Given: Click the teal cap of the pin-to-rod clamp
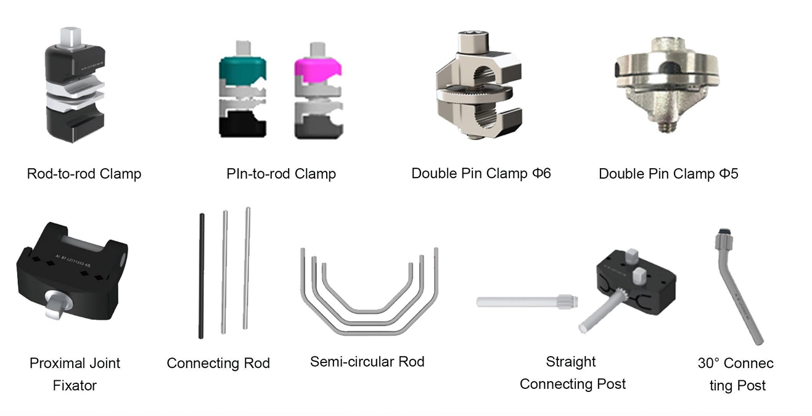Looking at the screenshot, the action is point(243,69).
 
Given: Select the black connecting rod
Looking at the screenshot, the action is point(202,276).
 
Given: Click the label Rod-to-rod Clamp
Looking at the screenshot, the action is point(84,174).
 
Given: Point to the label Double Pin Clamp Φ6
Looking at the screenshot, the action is point(481,174).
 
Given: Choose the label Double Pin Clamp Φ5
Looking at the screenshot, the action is point(668,174).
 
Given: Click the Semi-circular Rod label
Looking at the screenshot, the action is point(367,362).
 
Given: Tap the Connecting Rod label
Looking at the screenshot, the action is point(218,363).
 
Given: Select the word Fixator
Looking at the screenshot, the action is point(75,386).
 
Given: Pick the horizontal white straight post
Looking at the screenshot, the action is point(527,301).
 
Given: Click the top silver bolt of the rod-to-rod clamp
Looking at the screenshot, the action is point(71,36).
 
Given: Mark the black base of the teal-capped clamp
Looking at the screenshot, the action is point(242,124).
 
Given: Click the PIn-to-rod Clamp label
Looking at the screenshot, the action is point(281,174).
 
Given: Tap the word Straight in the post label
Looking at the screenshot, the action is point(570,362).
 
